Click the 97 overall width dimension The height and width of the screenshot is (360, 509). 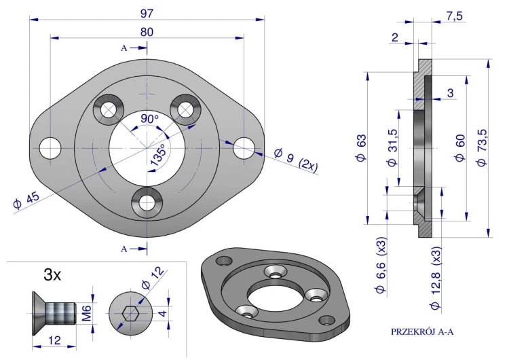[x=147, y=13]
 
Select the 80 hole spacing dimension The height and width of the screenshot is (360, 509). [x=147, y=31]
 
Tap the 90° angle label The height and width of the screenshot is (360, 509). [x=149, y=118]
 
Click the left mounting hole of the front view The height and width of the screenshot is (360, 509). [x=50, y=147]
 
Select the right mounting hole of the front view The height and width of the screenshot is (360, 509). [x=244, y=147]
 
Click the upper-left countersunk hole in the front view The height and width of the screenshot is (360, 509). [x=108, y=109]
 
